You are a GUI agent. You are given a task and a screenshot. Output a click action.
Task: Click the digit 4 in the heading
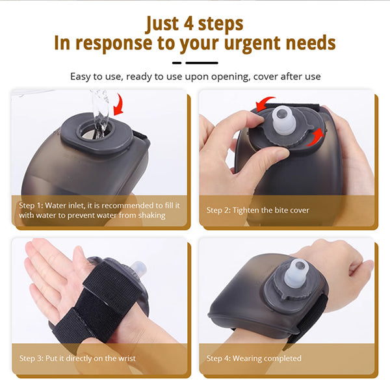tap(190, 24)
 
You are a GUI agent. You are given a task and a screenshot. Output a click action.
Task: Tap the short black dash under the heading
tap(177, 63)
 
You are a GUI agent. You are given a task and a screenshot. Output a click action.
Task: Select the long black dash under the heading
tap(201, 63)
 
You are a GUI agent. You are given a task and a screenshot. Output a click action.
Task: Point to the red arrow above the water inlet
tap(118, 104)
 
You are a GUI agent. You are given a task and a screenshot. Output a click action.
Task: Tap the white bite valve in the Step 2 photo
tap(283, 121)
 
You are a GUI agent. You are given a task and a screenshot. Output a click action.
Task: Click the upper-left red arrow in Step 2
tap(265, 103)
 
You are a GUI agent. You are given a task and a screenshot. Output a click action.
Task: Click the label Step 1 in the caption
tap(31, 205)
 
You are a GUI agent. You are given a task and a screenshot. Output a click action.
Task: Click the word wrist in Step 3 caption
tap(127, 358)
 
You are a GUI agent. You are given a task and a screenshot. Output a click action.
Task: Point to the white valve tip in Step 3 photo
tap(138, 268)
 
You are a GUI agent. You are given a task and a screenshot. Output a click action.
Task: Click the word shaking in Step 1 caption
tap(151, 215)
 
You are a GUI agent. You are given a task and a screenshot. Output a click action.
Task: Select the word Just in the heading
tap(162, 24)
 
